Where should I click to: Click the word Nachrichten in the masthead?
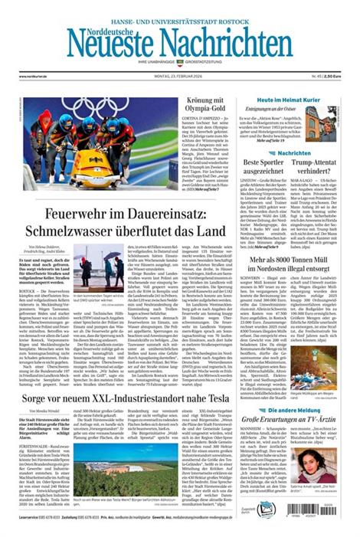(221, 41)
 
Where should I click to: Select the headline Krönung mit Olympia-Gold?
(208, 104)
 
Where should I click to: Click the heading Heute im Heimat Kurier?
(287, 100)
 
